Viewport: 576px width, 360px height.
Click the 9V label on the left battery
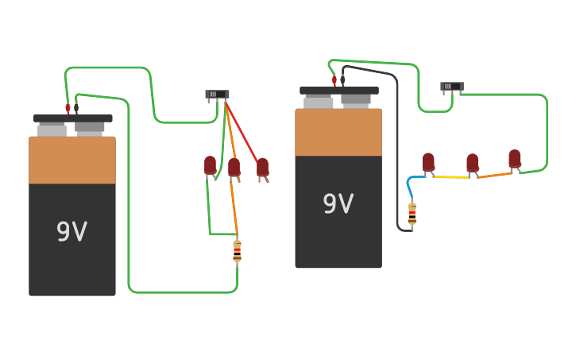(72, 231)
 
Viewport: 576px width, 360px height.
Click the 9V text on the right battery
(338, 204)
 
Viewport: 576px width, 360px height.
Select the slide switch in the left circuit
(217, 95)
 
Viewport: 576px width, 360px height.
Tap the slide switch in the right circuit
(451, 87)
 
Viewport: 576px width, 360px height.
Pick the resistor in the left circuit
(237, 251)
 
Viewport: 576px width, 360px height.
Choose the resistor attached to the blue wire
(412, 215)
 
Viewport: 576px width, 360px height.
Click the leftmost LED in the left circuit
(210, 165)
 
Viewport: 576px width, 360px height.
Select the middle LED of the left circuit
(234, 167)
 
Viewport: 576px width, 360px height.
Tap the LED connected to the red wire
(262, 167)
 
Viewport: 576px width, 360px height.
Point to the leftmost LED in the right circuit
(428, 162)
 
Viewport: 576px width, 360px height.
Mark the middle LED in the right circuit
(472, 163)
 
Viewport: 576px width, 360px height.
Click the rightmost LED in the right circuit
(515, 159)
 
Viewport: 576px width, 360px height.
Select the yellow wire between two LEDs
(453, 177)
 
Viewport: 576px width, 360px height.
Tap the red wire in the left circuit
(242, 130)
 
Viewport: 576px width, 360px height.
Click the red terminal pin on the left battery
(68, 107)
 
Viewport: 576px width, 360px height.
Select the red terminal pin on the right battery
(334, 80)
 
